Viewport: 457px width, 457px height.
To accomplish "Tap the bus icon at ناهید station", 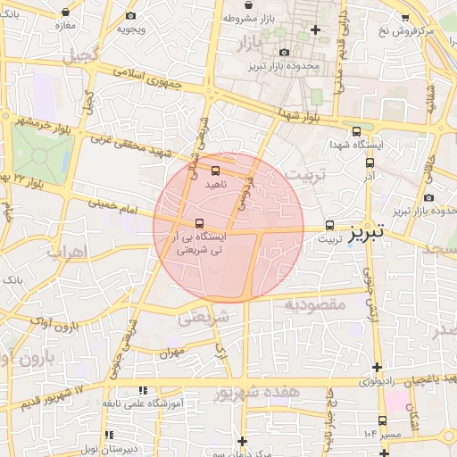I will (215, 170).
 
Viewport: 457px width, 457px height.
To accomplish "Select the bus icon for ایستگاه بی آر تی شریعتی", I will (198, 223).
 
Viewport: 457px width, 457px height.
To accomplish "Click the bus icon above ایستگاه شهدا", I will (357, 130).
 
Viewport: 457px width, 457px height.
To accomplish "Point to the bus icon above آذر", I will (370, 162).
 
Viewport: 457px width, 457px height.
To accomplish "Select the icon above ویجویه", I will (131, 15).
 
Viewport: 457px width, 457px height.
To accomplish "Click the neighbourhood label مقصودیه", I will (314, 304).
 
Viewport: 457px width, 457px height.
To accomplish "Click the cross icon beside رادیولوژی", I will (378, 367).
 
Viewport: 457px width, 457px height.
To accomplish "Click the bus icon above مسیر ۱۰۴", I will (383, 420).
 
